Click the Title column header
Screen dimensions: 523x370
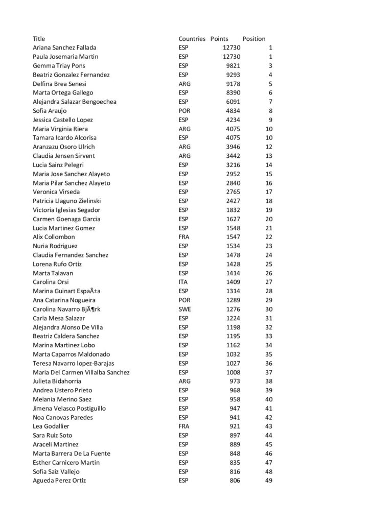(39, 39)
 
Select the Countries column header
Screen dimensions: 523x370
(192, 39)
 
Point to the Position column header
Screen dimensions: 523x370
(254, 39)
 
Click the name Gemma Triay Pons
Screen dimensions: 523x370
(59, 66)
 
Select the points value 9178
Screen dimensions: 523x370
(233, 84)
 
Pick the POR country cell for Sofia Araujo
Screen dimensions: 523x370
(184, 111)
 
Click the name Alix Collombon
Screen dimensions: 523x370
(54, 237)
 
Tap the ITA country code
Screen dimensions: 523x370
(183, 282)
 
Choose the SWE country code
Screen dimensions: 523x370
(184, 309)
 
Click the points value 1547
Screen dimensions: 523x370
(233, 237)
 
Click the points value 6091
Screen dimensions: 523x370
(233, 102)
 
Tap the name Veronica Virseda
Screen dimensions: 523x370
(56, 192)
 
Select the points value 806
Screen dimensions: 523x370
(234, 481)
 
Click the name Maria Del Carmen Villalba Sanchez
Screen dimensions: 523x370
(81, 372)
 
